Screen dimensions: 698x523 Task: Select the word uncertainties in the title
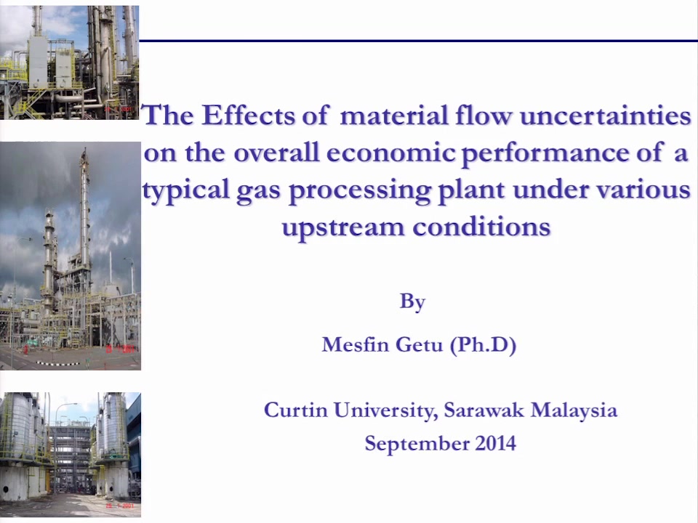coord(605,115)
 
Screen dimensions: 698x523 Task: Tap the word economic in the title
coord(390,153)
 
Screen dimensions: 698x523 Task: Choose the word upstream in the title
coord(343,227)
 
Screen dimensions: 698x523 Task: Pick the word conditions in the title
coord(481,227)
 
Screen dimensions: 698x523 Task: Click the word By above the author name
coord(412,302)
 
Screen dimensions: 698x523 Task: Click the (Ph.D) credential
coord(483,345)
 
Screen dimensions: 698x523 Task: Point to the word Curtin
coord(296,410)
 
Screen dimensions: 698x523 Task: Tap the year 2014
coord(495,443)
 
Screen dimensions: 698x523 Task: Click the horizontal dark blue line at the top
coord(419,41)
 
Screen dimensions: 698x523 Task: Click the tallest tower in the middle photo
coord(84,214)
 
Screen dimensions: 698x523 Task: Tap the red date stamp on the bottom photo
coord(119,506)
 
